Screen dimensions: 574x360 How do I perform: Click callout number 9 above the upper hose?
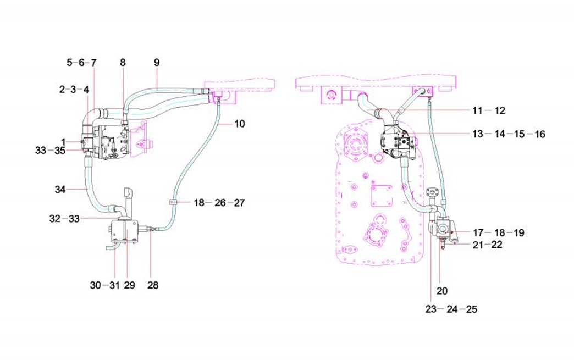157,63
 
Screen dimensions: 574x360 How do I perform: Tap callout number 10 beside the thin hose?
239,124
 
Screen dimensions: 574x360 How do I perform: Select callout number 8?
123,63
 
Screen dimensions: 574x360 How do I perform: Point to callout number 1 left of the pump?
63,142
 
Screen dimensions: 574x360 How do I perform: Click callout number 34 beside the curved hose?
60,190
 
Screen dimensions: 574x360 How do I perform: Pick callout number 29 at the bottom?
130,285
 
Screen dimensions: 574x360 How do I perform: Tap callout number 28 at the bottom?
153,285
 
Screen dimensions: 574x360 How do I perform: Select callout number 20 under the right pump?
442,291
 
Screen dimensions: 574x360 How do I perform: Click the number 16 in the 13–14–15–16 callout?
540,134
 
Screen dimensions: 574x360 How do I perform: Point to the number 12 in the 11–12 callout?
500,110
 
